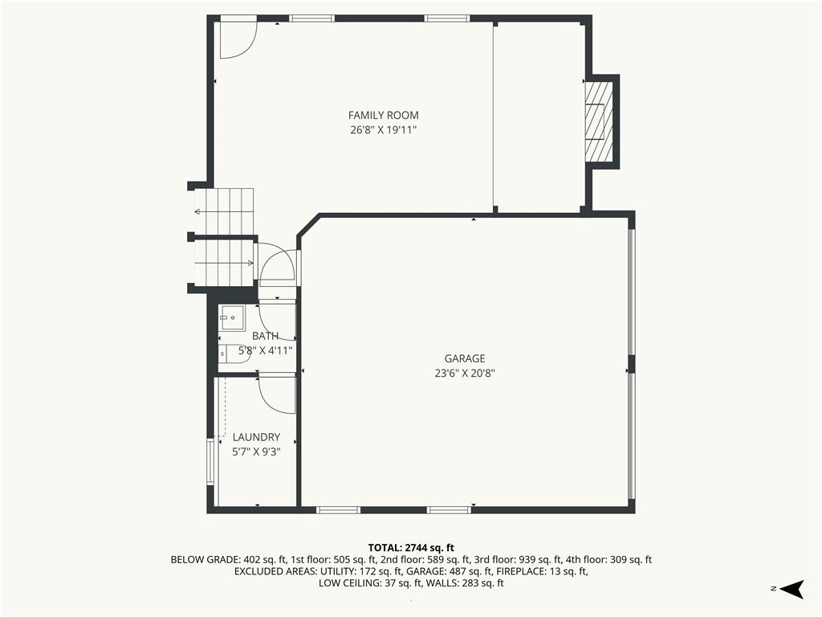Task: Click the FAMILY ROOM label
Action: (383, 116)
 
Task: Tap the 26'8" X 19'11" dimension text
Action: (383, 129)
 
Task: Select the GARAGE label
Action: (465, 359)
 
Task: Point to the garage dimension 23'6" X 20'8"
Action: (465, 374)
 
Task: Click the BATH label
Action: (265, 337)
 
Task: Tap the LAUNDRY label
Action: (256, 437)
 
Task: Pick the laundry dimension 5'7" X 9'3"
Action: (256, 452)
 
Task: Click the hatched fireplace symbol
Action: (599, 121)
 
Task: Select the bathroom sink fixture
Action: (232, 318)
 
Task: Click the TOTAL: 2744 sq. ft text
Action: (411, 548)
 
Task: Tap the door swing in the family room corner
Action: (238, 40)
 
